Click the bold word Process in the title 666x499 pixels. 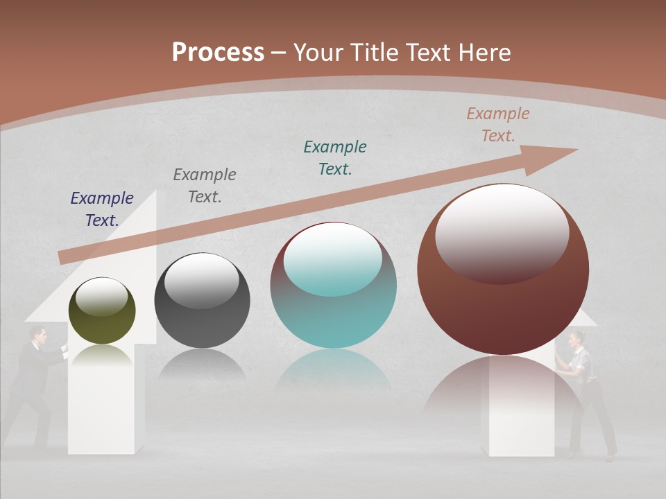point(218,53)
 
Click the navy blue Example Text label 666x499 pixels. point(102,209)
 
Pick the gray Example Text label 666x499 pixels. point(205,186)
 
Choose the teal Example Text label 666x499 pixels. point(335,158)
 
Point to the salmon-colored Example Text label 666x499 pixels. point(498,125)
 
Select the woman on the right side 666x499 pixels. point(583,388)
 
